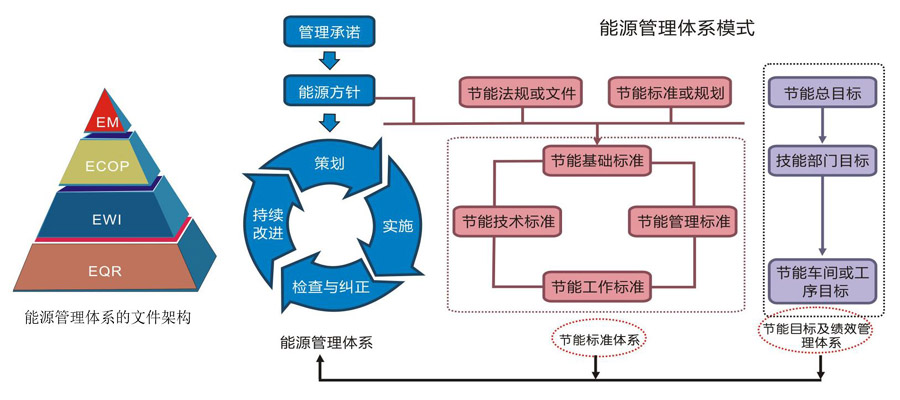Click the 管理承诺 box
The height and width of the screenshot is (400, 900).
pos(329,32)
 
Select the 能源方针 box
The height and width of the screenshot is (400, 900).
pos(329,93)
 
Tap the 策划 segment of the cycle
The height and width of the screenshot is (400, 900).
pos(330,162)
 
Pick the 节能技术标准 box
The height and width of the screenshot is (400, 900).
pos(506,220)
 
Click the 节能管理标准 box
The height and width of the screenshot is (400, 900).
pos(683,220)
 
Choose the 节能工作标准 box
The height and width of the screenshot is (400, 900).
pos(597,286)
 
